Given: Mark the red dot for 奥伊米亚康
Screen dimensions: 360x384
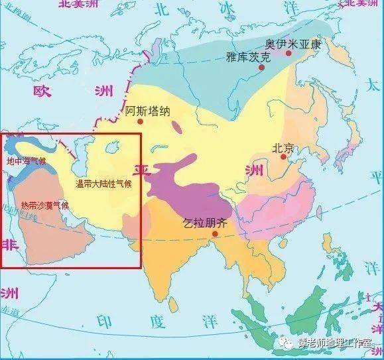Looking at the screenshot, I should pos(288,52).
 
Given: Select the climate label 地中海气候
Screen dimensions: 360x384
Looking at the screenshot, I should pos(25,161).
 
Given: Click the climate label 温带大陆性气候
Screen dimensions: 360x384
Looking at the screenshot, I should pos(103,184).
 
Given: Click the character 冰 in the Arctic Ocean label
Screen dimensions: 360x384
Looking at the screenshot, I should pos(225,7).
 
